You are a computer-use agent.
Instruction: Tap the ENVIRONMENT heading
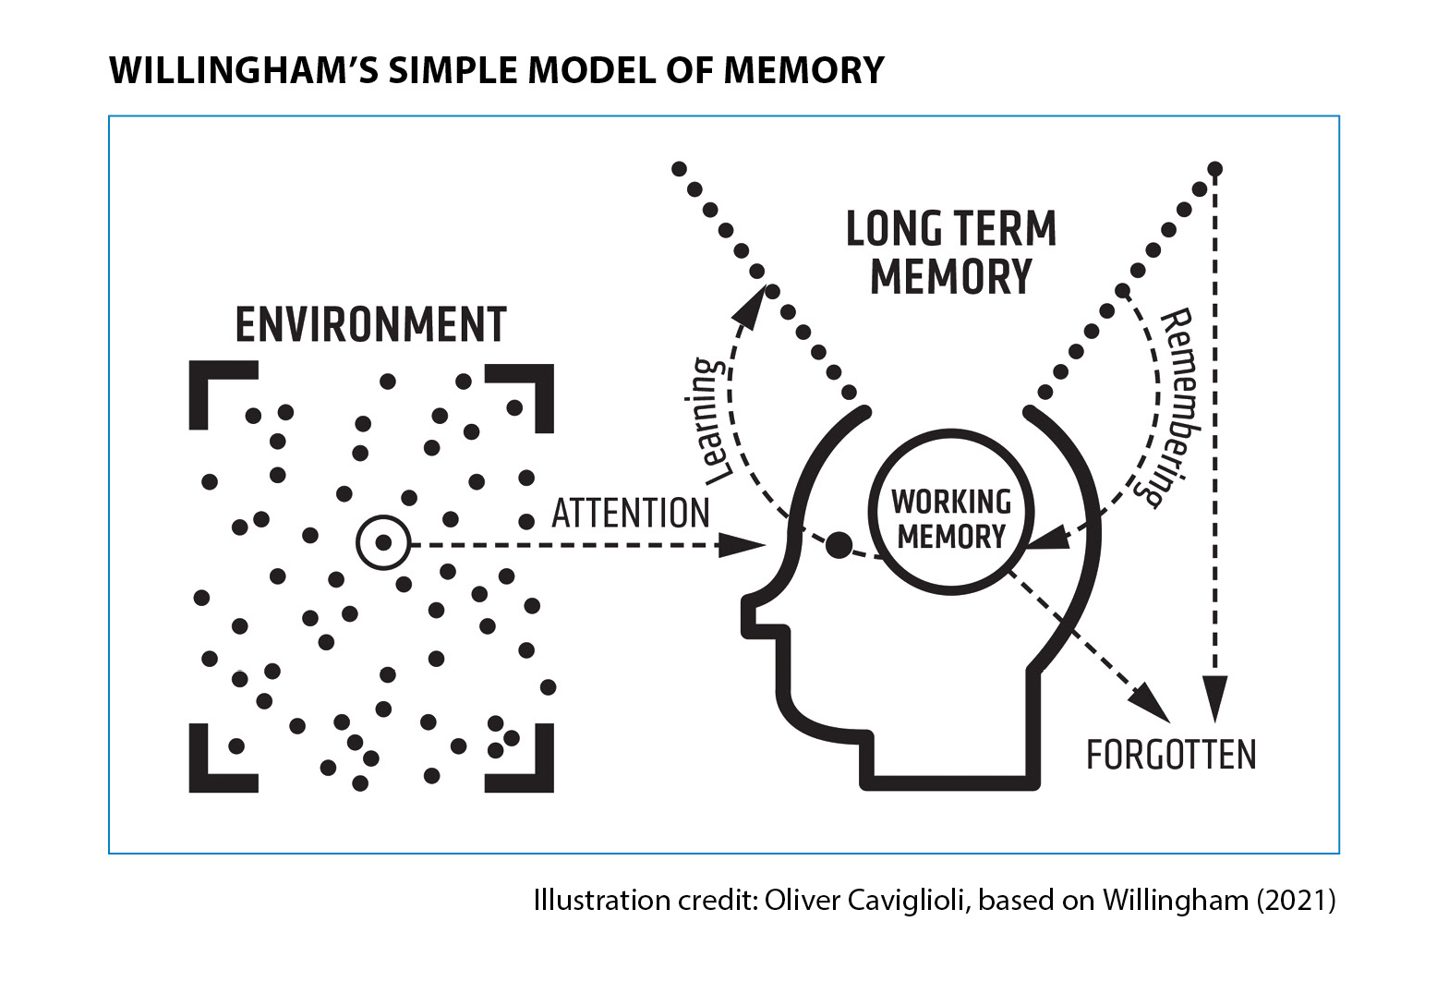371,325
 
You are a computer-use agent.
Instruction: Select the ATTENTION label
631,514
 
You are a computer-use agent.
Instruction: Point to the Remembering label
1175,406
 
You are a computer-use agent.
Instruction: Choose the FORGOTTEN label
1171,756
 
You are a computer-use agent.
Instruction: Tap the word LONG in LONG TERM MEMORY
894,229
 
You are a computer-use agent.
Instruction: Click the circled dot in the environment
383,542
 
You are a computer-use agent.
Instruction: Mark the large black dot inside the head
839,545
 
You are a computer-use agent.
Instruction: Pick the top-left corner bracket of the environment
220,392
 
